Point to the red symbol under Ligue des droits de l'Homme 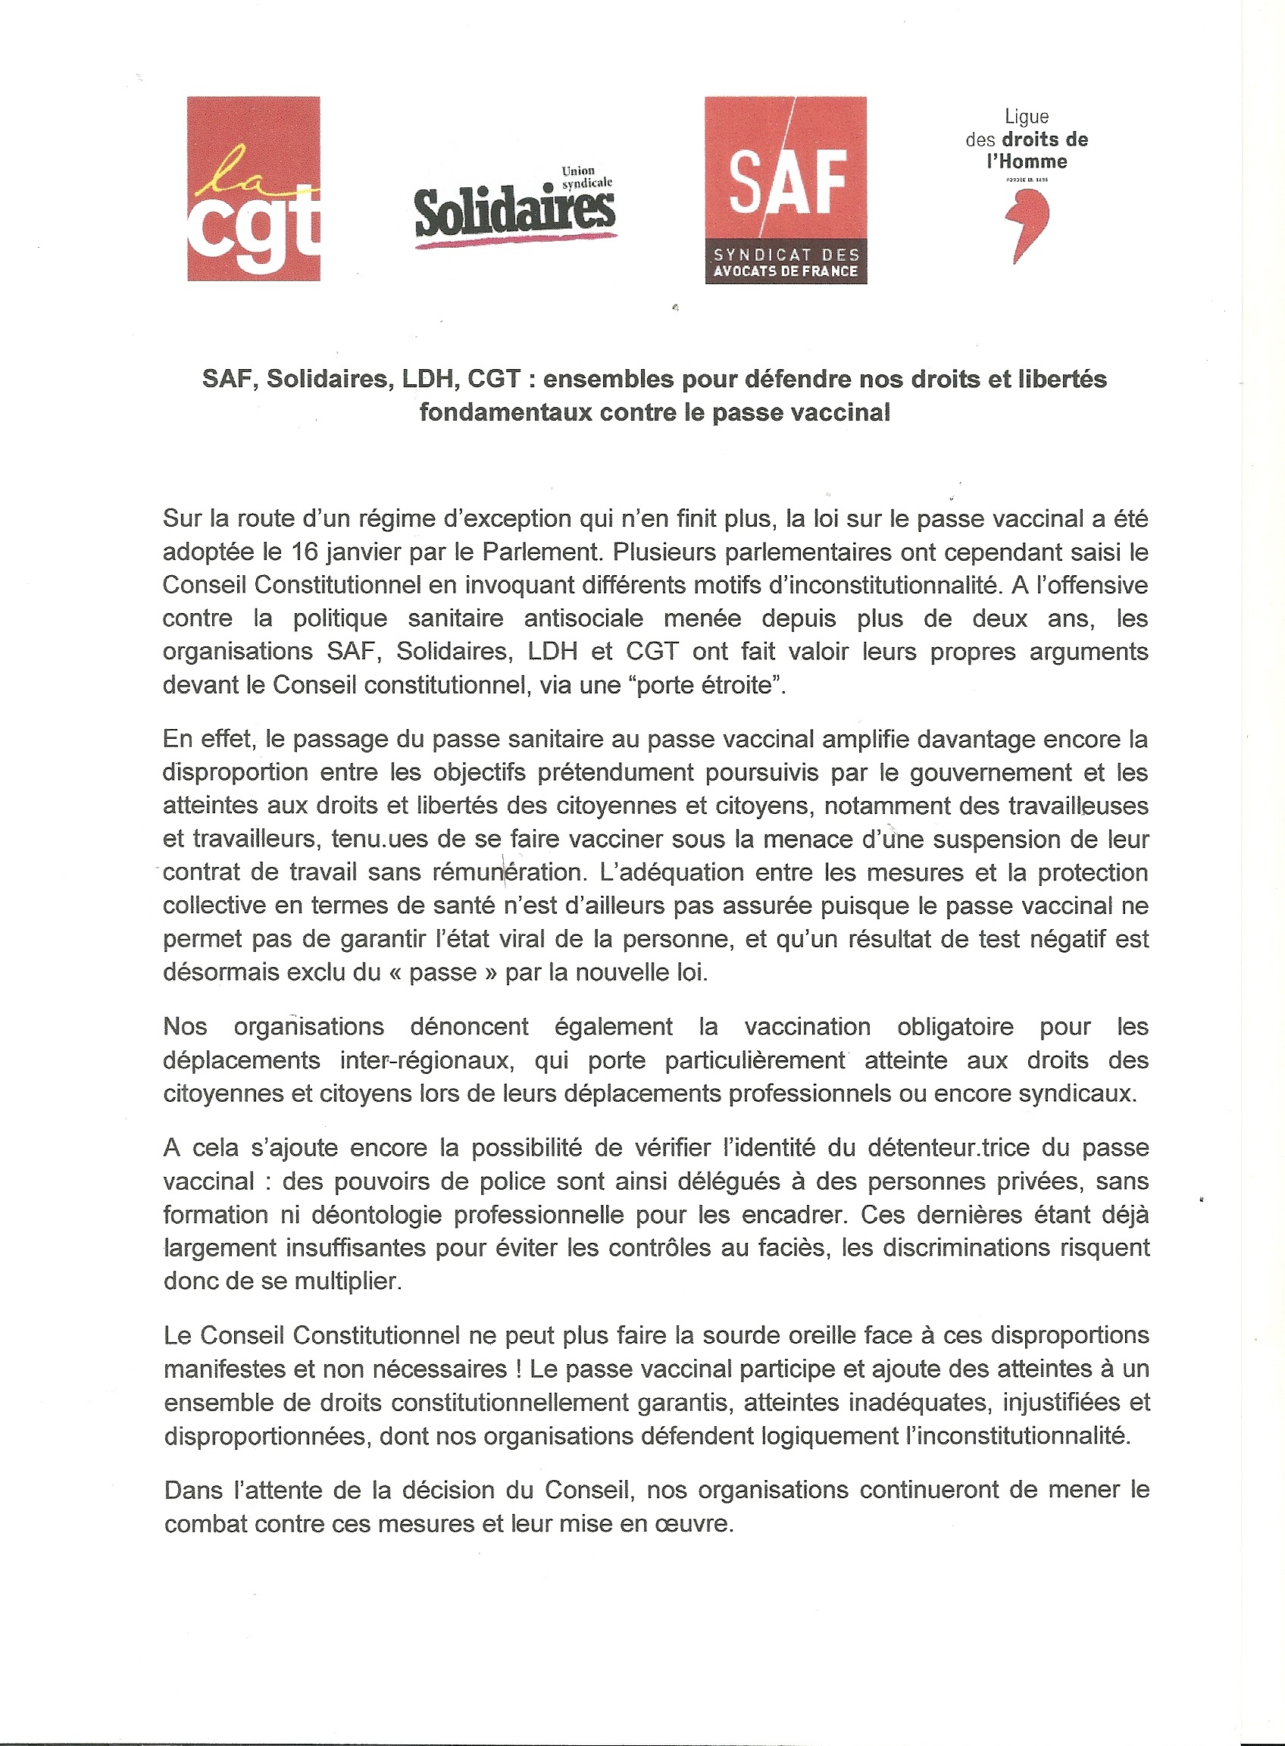[x=1027, y=225]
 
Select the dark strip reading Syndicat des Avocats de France [x=786, y=264]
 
